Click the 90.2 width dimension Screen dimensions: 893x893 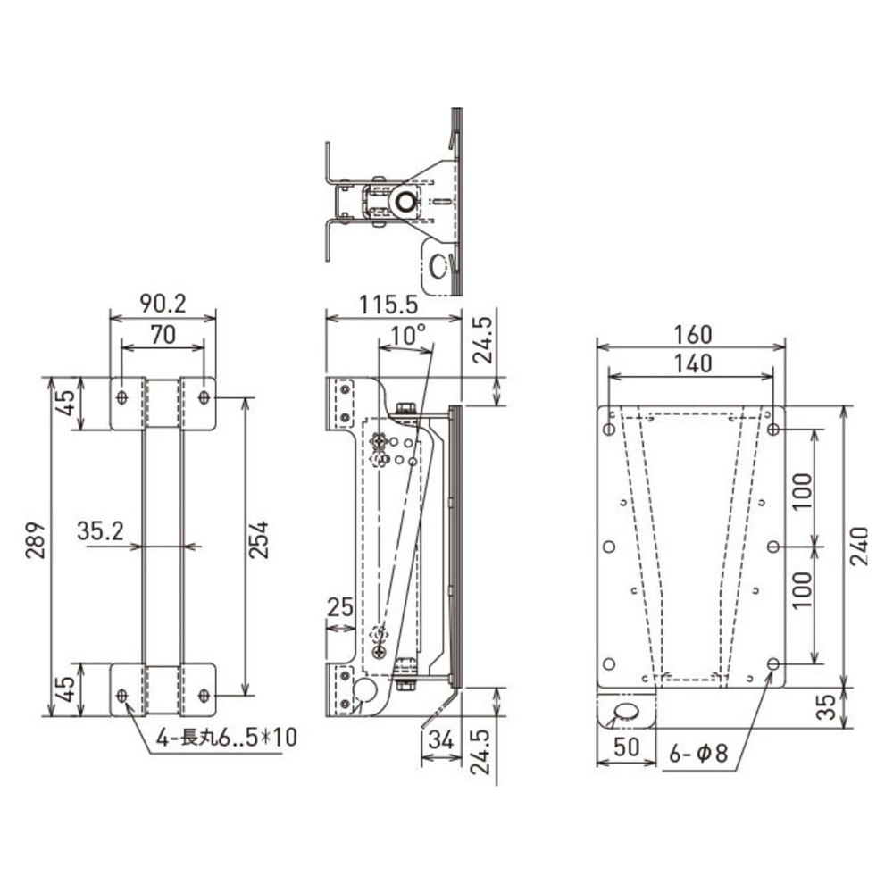pos(163,304)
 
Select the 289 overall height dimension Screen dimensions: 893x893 pos(36,540)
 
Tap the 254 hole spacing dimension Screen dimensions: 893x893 pos(259,539)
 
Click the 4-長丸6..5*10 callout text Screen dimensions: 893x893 pos(227,739)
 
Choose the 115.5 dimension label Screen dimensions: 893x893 pos(388,305)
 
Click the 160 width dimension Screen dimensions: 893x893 pos(693,335)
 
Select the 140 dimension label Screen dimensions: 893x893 pos(693,363)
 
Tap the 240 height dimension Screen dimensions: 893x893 pos(859,546)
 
